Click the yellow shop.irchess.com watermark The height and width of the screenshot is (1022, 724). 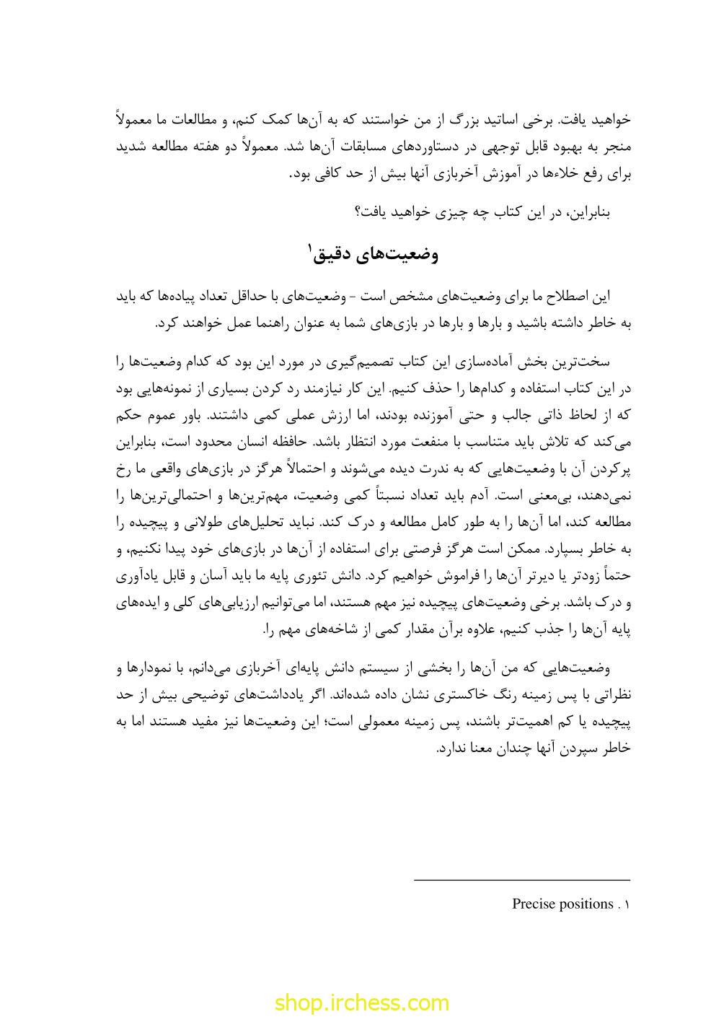[361, 1003]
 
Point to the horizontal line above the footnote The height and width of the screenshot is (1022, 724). [522, 880]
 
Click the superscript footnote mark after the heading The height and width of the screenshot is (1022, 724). [311, 249]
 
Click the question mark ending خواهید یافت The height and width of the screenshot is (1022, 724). [358, 212]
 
